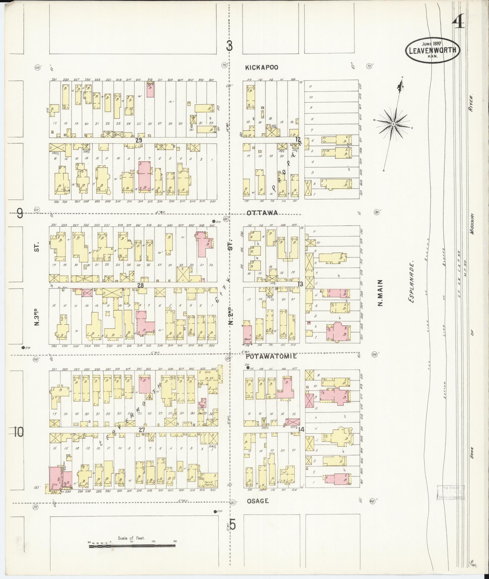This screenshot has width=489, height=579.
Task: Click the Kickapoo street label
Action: pos(261,67)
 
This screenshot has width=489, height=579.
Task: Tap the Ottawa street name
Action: pos(262,213)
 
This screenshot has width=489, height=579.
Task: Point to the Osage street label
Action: pos(257,501)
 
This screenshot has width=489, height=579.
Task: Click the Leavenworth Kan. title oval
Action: pos(432,50)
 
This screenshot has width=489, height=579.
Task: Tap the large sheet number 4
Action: pos(458,21)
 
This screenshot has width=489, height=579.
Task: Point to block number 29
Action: pos(139,140)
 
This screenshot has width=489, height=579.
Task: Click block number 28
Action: pos(140,285)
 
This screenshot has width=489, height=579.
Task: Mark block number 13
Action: pos(300,284)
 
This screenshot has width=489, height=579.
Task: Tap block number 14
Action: pos(301,429)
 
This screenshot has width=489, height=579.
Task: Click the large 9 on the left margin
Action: pos(20,214)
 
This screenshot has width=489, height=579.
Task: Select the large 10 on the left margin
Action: pos(18,432)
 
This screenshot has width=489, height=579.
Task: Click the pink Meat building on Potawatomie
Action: pos(247,334)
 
